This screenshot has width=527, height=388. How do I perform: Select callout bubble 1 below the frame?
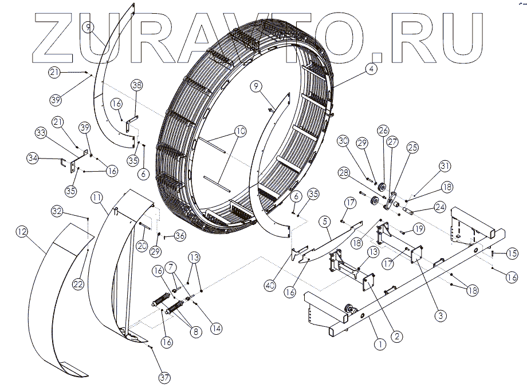378,345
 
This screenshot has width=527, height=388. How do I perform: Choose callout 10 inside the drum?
241,132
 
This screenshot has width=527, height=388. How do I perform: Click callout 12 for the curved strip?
22,232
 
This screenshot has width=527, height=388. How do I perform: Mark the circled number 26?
383,130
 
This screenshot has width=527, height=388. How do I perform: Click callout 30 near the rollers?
343,141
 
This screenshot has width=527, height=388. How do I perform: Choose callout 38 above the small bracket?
136,85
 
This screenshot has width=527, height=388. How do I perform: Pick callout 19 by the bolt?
419,229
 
